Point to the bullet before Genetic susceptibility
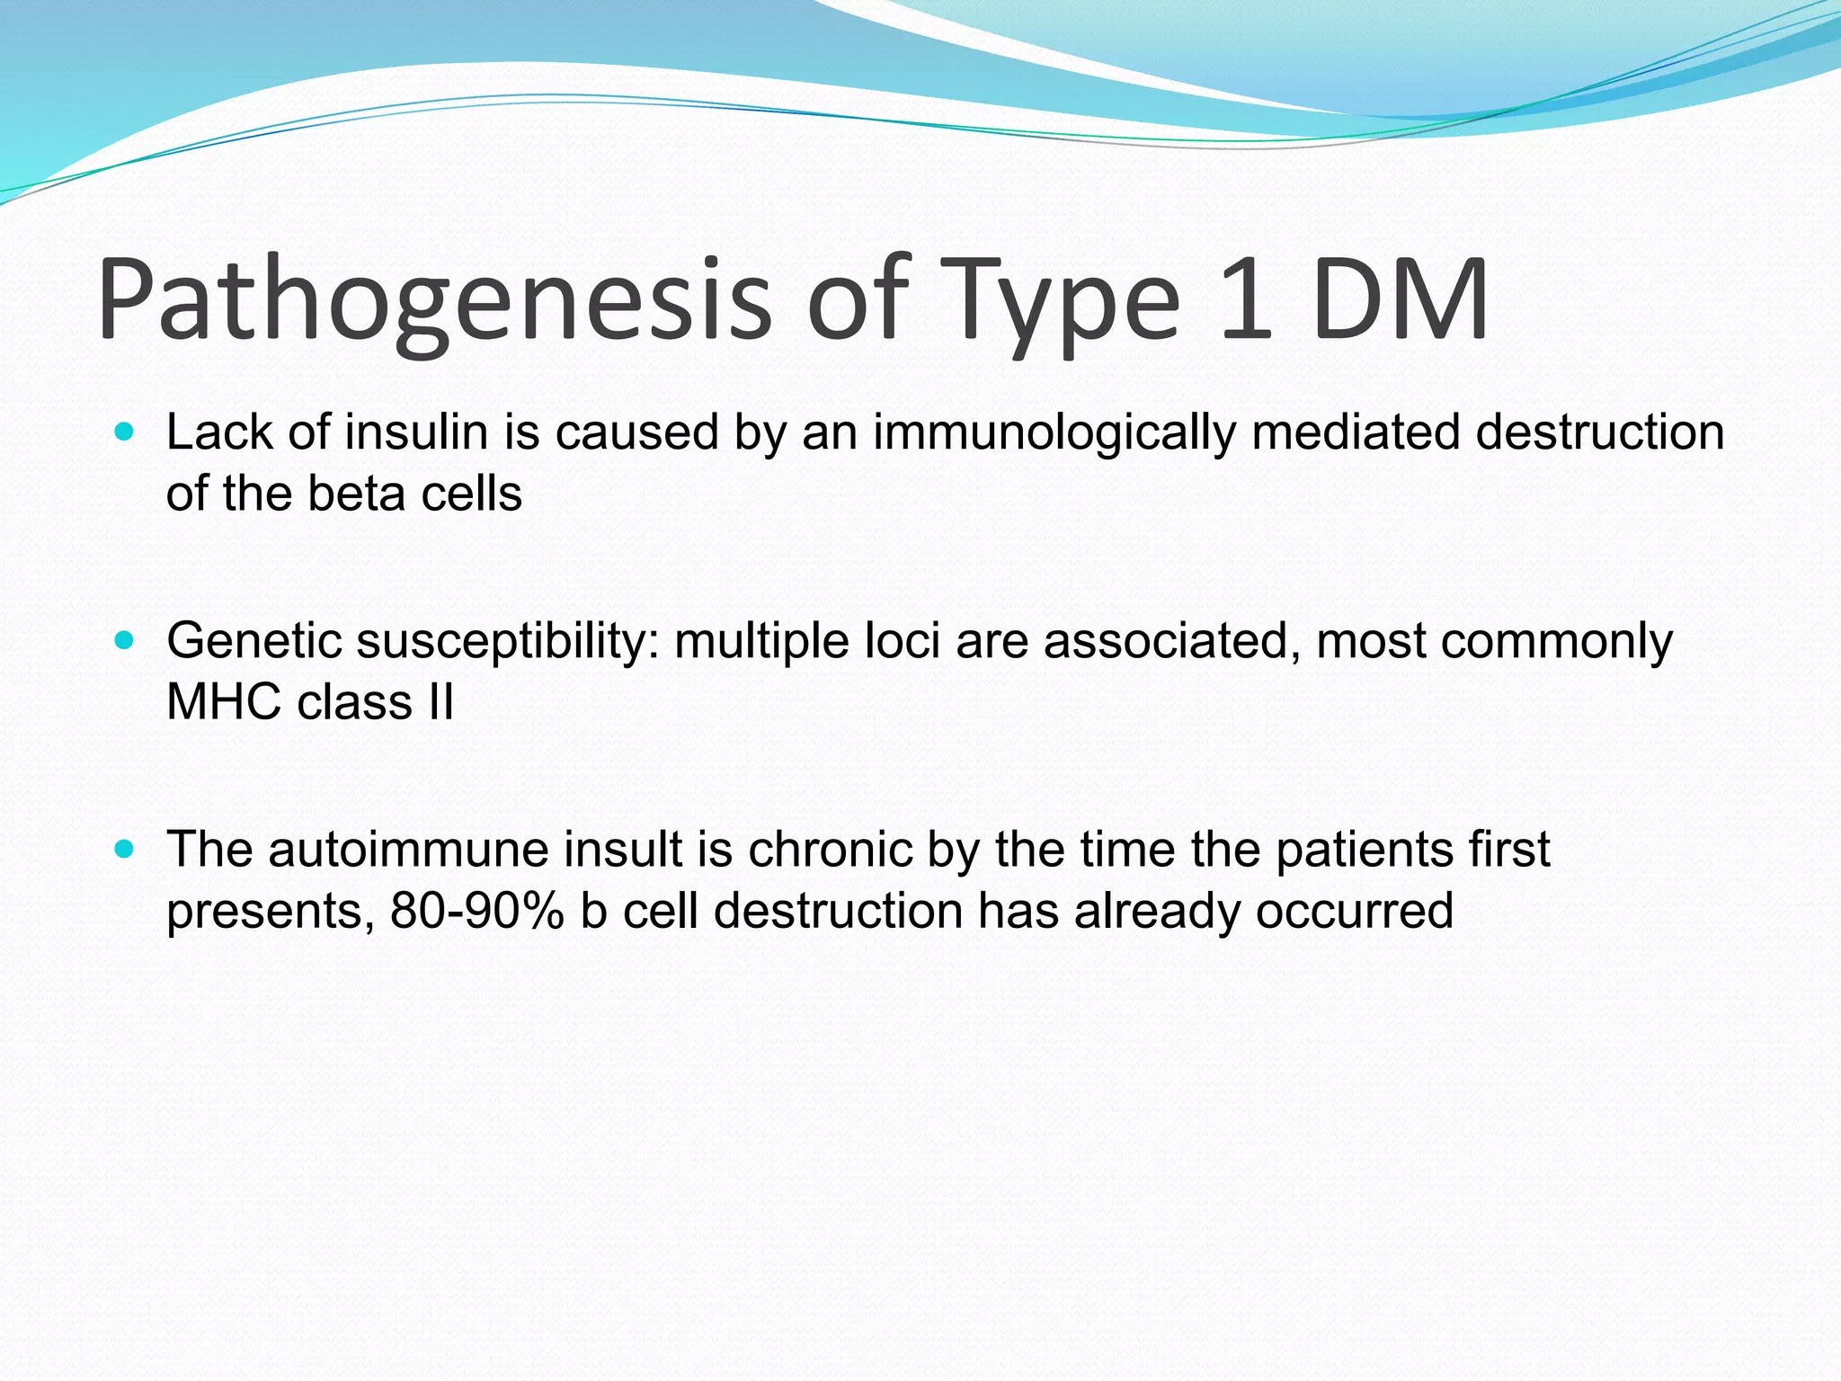[x=125, y=641]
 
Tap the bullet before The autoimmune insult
[x=125, y=850]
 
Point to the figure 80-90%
[x=477, y=911]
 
